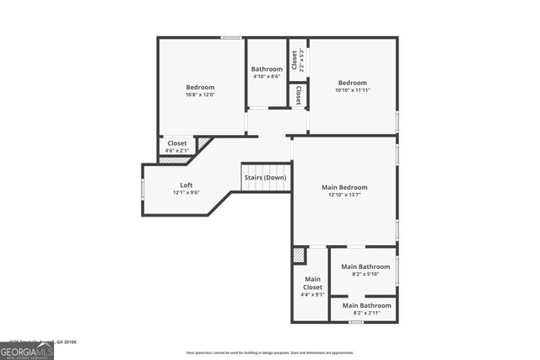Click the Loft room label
186,185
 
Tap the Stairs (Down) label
266,178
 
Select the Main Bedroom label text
344,187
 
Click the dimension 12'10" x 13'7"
344,195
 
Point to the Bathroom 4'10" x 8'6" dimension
267,77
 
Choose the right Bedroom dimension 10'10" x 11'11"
352,90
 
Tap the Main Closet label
312,283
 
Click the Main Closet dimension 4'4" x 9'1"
312,295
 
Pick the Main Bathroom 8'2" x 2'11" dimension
366,313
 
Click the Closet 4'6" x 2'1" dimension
177,151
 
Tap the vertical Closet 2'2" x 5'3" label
297,59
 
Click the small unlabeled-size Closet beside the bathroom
298,95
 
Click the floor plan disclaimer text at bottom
270,352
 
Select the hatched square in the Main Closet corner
299,255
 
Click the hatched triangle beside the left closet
202,144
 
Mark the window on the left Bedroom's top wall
232,37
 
